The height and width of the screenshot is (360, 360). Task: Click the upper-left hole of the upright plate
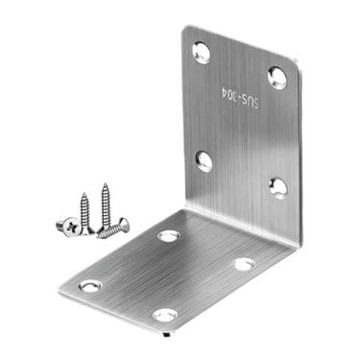(203, 53)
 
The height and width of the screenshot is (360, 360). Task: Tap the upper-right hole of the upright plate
(277, 78)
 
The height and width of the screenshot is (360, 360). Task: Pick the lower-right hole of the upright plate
(277, 186)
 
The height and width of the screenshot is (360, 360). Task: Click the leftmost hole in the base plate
(90, 285)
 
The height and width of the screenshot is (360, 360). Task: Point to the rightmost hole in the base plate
(245, 262)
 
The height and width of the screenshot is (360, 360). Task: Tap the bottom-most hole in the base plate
(165, 314)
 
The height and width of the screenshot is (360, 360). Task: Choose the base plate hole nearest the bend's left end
(169, 235)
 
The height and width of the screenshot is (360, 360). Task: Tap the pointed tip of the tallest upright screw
(105, 184)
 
